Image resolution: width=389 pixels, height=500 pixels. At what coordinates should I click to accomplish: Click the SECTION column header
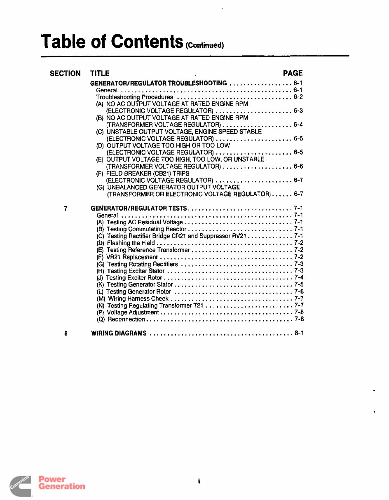point(65,74)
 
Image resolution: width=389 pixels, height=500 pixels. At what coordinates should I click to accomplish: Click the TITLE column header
point(100,74)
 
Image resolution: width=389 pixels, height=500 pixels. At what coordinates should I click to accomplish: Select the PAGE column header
point(293,73)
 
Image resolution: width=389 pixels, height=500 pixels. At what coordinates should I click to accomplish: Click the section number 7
point(66,209)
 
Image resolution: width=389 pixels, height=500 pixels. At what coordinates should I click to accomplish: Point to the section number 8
point(66,333)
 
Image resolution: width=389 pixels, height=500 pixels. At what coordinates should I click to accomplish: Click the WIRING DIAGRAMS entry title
point(119,333)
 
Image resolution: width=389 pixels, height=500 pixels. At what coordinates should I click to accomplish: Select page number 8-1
point(299,333)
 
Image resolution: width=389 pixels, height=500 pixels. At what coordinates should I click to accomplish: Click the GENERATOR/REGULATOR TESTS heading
point(139,209)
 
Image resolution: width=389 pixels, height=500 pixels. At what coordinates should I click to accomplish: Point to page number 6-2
point(298,97)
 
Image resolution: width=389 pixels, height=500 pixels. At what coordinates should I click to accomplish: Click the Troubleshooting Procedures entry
point(134,97)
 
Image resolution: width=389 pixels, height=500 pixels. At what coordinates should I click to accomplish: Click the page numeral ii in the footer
point(198,481)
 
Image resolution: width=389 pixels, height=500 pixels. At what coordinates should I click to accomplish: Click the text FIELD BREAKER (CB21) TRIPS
point(148,174)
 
